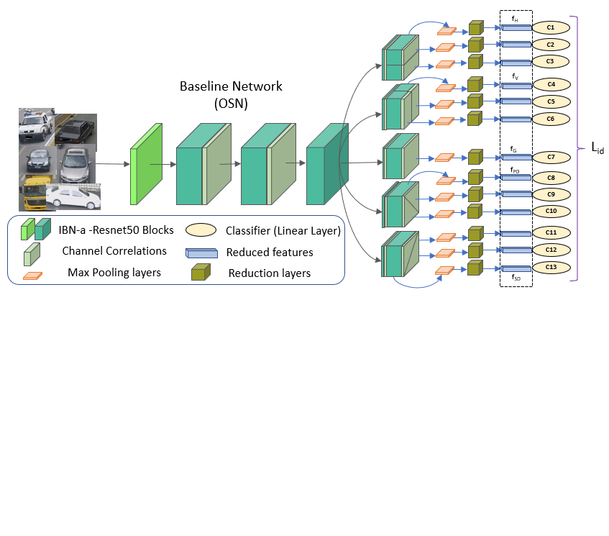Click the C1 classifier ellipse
tap(550, 27)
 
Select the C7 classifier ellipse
tap(550, 156)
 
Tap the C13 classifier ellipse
tap(551, 267)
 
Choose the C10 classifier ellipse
tap(551, 211)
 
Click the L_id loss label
tap(597, 149)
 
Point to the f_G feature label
tap(514, 149)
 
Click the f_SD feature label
tap(516, 277)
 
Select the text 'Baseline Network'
tap(231, 86)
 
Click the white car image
tap(73, 196)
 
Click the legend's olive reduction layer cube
tap(199, 273)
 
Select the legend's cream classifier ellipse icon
tap(201, 230)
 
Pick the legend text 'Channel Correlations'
tap(114, 251)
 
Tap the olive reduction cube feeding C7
tap(475, 156)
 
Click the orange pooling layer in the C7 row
tap(445, 157)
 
